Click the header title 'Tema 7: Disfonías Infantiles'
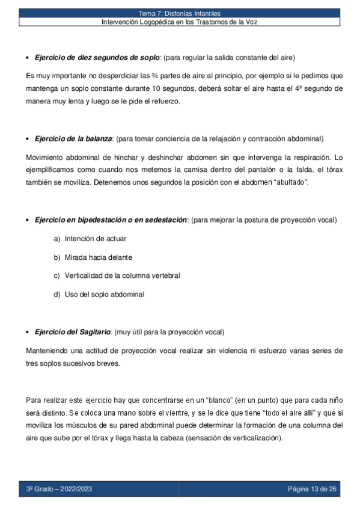pos(180,13)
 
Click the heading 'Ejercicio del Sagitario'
pos(73,332)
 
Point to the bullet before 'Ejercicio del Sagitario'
pos(29,333)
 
